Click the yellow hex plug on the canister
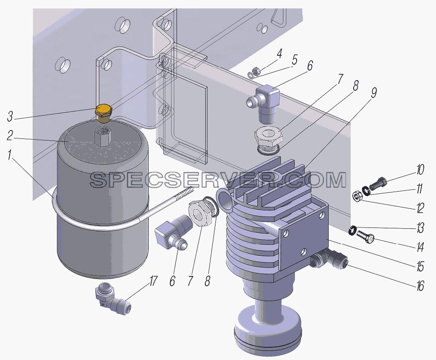pyautogui.click(x=103, y=113)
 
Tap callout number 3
pyautogui.click(x=10, y=116)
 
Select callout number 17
pyautogui.click(x=153, y=282)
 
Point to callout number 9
pyautogui.click(x=374, y=93)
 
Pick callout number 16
pyautogui.click(x=420, y=286)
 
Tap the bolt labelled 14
pyautogui.click(x=365, y=236)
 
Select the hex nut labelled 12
pyautogui.click(x=357, y=196)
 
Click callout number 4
pyautogui.click(x=279, y=54)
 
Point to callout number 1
pyautogui.click(x=10, y=155)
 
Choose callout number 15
pyautogui.click(x=420, y=267)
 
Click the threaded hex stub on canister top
pyautogui.click(x=103, y=136)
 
